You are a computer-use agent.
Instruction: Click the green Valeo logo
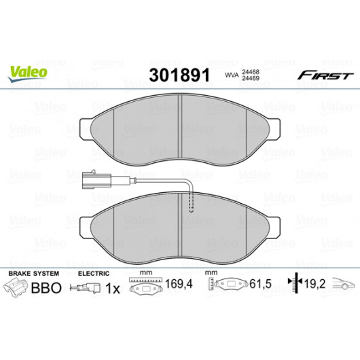28,73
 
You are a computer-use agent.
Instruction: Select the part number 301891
179,75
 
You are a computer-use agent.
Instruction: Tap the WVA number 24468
251,72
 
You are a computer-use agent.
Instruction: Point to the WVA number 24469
251,78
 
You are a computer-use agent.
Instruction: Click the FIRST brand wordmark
325,75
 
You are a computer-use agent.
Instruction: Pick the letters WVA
232,75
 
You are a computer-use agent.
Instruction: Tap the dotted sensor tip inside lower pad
191,203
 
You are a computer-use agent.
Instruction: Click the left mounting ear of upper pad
85,129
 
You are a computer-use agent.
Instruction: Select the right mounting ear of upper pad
274,129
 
